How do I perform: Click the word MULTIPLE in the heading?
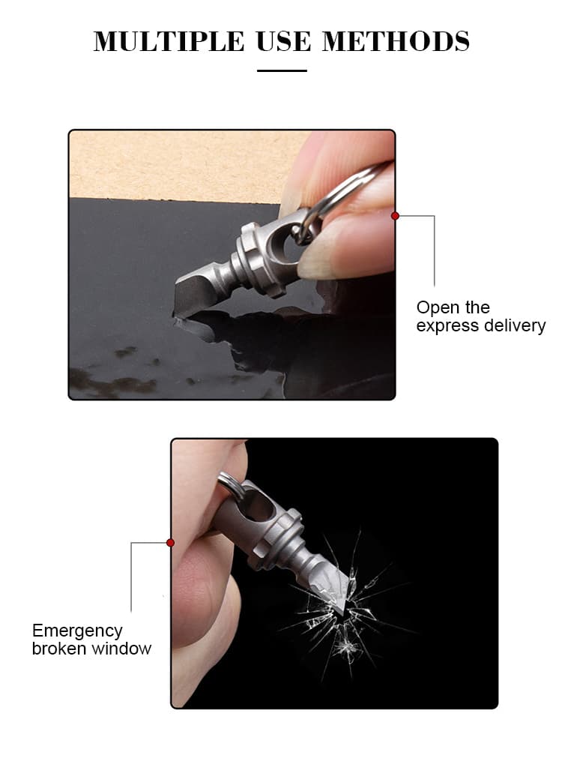pos(169,41)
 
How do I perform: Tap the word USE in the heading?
pos(283,41)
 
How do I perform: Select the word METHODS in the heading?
pos(396,41)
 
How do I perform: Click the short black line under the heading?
pos(282,71)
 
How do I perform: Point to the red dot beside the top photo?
pos(396,216)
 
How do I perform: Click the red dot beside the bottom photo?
pos(171,543)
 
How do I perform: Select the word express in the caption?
pos(447,327)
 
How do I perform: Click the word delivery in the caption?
pos(513,326)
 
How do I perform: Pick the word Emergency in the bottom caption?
pos(77,631)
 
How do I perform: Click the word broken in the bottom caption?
pos(60,649)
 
